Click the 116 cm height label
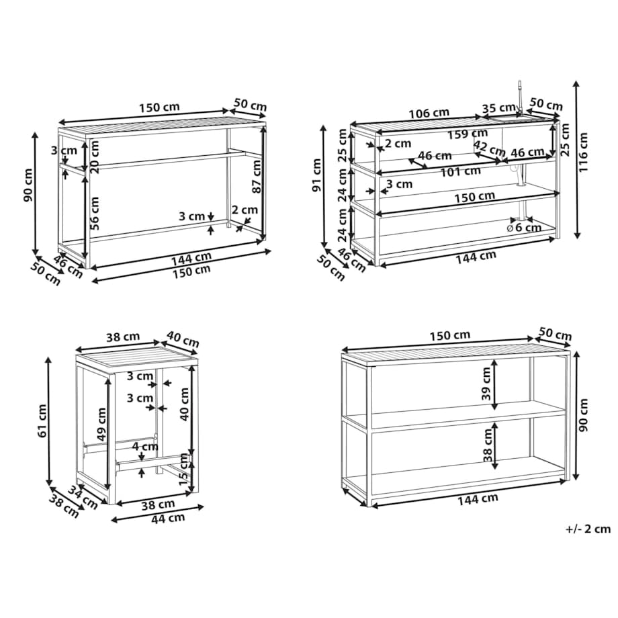584,152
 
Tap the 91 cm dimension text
317,175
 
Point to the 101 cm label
460,171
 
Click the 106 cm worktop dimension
429,114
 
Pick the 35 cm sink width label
498,107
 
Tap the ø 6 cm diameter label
524,228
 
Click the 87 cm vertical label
257,176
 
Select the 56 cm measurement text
94,213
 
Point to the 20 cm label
95,157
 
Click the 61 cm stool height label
42,421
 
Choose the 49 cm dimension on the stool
101,424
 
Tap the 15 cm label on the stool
183,469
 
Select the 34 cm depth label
83,497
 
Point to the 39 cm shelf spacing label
486,383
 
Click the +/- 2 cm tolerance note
588,529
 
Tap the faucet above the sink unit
520,99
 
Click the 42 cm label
489,148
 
